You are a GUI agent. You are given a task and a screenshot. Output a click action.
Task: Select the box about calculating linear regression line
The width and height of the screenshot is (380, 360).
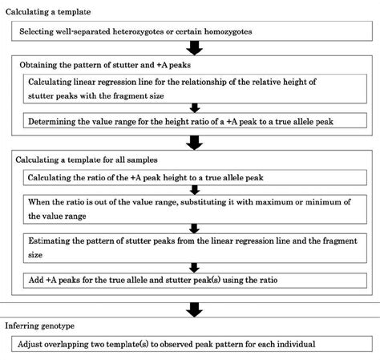point(192,89)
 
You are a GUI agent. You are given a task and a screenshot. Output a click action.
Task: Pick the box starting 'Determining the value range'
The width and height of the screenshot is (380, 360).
point(192,123)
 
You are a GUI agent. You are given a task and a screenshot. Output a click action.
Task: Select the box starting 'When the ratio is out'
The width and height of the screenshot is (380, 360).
point(192,208)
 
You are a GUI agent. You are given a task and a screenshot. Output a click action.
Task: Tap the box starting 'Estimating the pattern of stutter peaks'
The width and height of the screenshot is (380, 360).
point(192,246)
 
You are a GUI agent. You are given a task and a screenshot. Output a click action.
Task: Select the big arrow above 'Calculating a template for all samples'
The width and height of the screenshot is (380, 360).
point(192,143)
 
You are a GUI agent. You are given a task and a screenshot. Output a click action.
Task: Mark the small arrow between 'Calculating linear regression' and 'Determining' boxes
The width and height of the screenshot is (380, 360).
point(192,108)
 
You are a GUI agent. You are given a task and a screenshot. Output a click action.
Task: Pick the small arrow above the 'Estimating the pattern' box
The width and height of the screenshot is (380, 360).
point(192,227)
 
